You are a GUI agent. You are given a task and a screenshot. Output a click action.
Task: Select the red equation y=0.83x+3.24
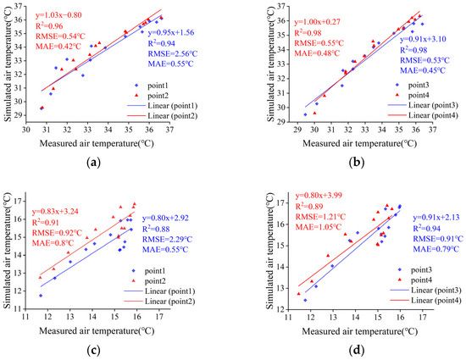[x=61, y=211]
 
